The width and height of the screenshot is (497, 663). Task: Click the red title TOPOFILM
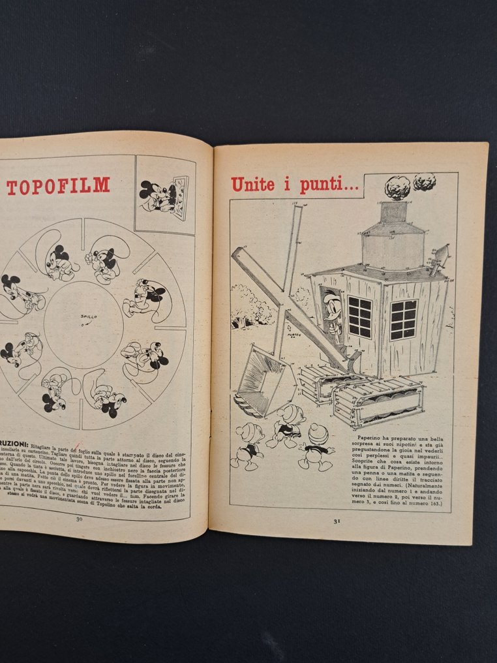58,186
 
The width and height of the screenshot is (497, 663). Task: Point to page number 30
79,519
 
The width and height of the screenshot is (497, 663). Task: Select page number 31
337,521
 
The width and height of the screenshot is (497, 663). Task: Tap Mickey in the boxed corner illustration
155,195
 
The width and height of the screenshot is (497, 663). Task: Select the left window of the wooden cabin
359,316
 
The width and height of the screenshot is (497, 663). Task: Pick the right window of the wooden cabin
403,320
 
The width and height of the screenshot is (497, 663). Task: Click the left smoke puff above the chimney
397,187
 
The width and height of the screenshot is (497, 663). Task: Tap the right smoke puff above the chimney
425,181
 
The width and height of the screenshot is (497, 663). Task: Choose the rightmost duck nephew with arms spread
317,446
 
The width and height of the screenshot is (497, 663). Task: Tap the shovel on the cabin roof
439,260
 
